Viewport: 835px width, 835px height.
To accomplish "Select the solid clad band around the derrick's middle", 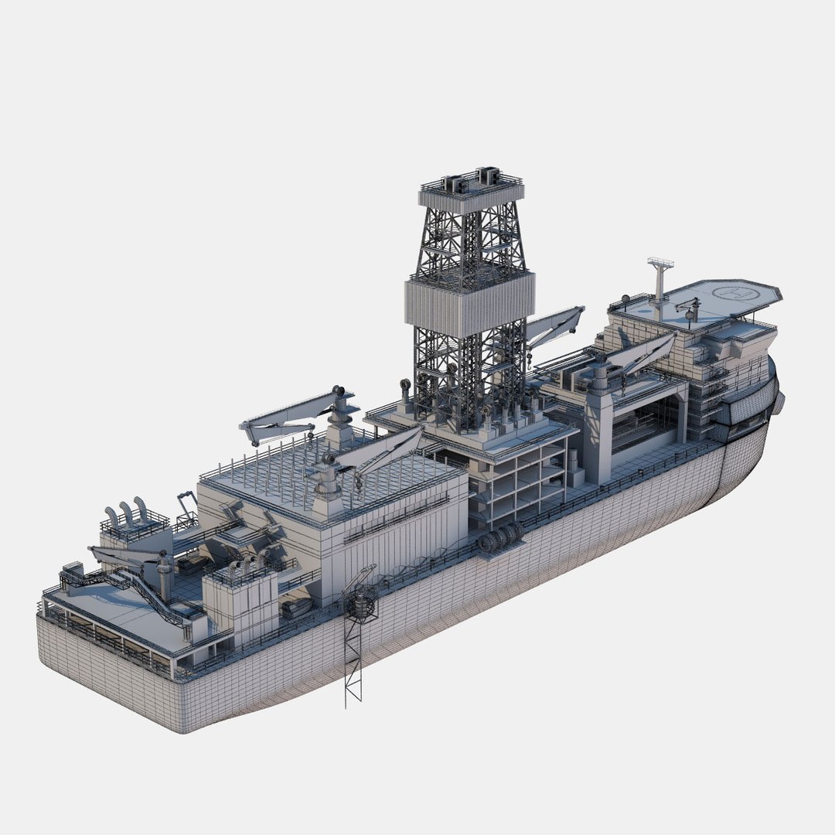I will [x=469, y=304].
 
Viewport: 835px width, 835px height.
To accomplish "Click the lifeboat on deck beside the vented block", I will [x=296, y=608].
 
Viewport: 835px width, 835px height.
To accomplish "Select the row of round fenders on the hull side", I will [x=499, y=539].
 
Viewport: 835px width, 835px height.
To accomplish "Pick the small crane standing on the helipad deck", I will [x=687, y=308].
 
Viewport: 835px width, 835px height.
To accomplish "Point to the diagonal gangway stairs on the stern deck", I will [x=151, y=595].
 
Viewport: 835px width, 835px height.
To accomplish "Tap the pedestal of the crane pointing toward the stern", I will [x=339, y=425].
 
